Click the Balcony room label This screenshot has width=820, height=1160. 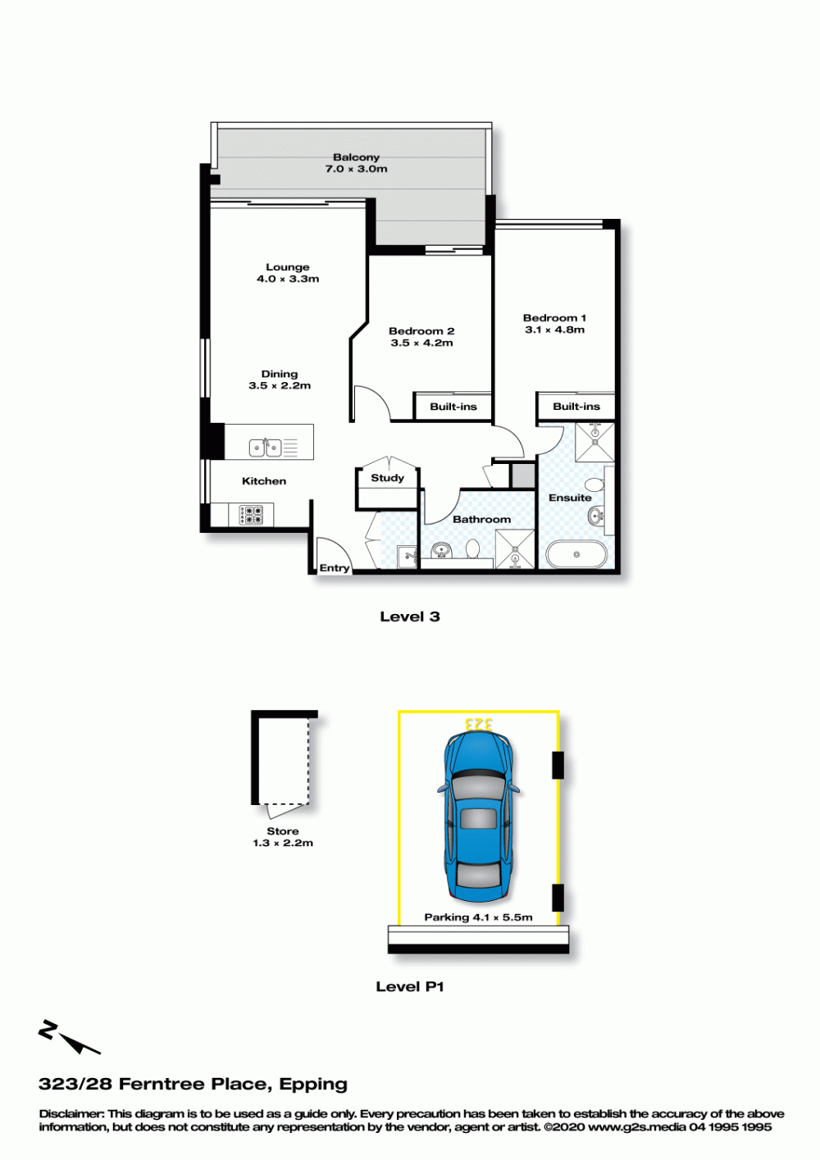tap(356, 157)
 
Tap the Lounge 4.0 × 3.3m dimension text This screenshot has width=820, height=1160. tap(288, 279)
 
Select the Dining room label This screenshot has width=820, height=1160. tap(279, 373)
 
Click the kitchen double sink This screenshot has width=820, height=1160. tap(265, 448)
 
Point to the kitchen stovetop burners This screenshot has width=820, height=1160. tap(250, 515)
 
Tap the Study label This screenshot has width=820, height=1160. tap(387, 478)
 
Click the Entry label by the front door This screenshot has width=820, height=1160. tap(334, 568)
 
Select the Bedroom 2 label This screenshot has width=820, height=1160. tap(421, 331)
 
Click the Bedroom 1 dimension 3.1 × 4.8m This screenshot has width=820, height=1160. tap(555, 330)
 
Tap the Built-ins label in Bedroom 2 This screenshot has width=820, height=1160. tap(453, 407)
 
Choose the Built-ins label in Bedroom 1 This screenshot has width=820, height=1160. tap(576, 407)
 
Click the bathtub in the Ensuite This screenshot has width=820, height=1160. tap(576, 555)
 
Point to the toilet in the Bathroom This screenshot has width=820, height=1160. tap(472, 549)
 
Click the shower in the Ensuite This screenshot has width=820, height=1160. tap(594, 442)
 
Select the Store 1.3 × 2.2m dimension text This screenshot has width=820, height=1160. tap(283, 843)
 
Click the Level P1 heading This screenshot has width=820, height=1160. tap(410, 986)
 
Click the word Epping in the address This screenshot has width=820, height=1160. tap(313, 1085)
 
